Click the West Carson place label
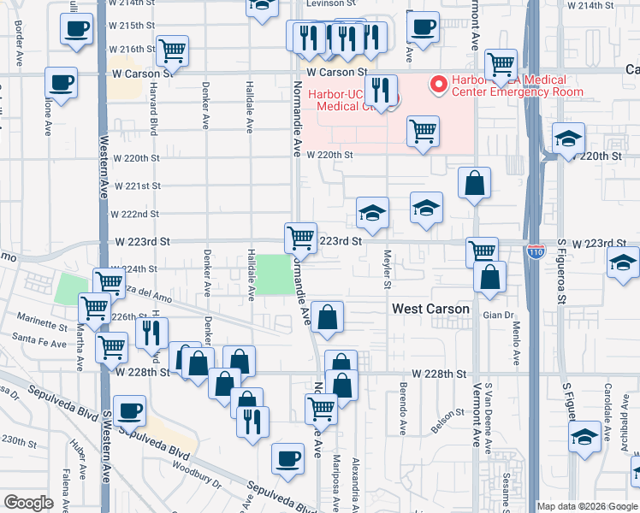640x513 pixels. click(430, 309)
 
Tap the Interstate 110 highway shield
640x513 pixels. click(536, 252)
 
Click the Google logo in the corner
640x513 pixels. click(28, 503)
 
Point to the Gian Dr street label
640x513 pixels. click(496, 315)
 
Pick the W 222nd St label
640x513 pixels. click(137, 214)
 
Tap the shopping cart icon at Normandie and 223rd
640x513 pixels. click(300, 237)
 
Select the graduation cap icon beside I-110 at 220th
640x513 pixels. click(568, 139)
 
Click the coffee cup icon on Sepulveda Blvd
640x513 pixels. click(130, 411)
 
